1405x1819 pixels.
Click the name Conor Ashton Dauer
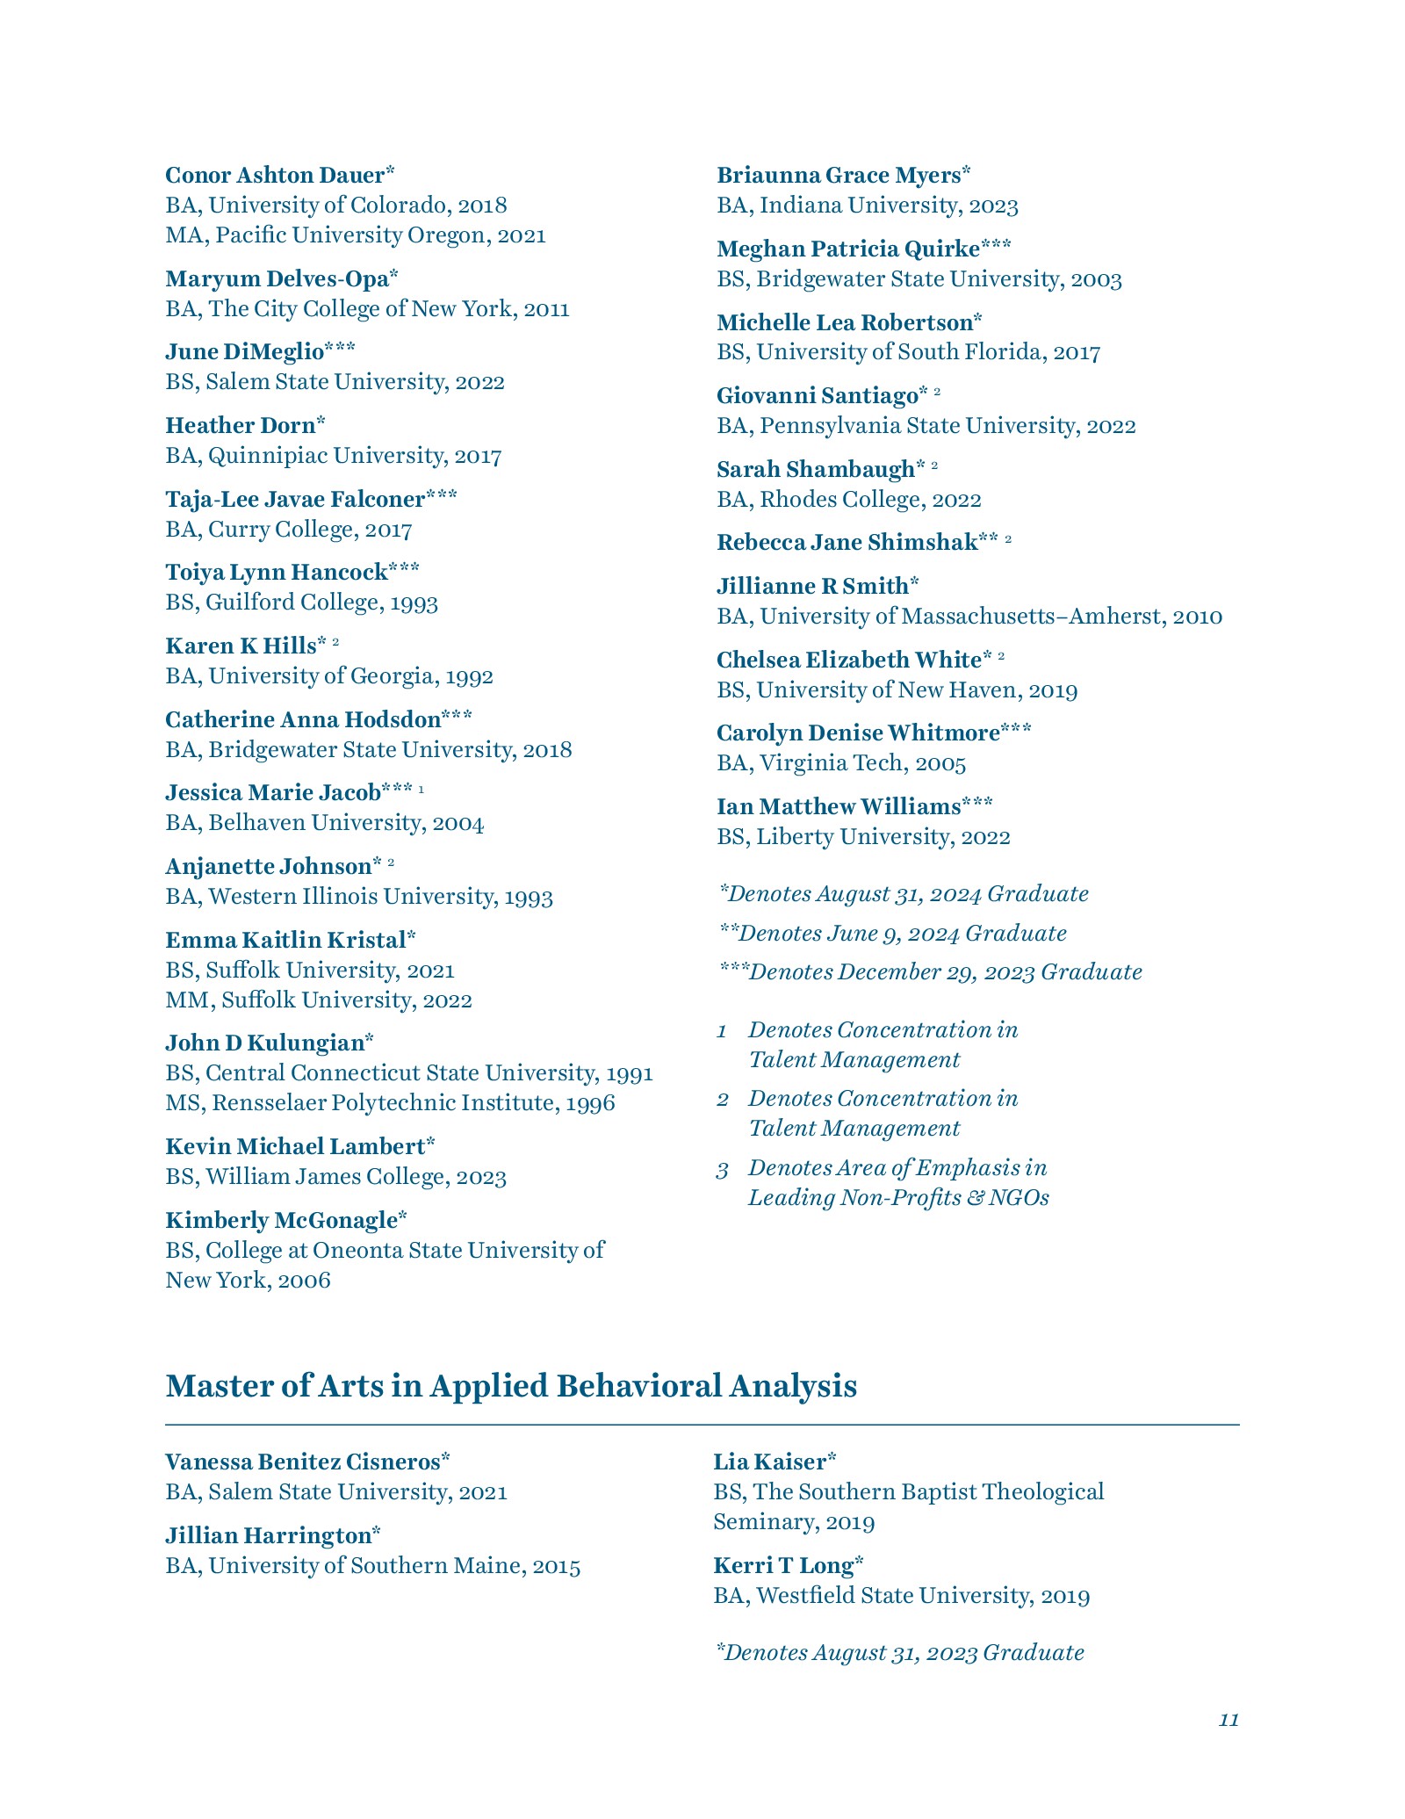tap(275, 175)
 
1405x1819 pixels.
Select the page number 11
tap(1228, 1720)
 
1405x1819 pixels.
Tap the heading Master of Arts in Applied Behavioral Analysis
tap(511, 1385)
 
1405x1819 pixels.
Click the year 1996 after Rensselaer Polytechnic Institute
tap(590, 1102)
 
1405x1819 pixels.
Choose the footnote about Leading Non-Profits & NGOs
tap(897, 1182)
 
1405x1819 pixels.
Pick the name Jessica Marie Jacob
tap(272, 792)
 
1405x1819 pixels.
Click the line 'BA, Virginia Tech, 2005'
tap(841, 762)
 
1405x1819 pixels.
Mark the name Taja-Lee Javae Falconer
tap(295, 499)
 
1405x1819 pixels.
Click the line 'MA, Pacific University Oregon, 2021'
tap(356, 235)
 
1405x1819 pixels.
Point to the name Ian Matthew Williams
tap(839, 806)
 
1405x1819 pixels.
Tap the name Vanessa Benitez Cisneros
tap(302, 1462)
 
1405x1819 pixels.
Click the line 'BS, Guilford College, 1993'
tap(301, 602)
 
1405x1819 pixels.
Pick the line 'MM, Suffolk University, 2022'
tap(319, 1000)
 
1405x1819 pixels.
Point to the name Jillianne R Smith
tap(812, 586)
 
